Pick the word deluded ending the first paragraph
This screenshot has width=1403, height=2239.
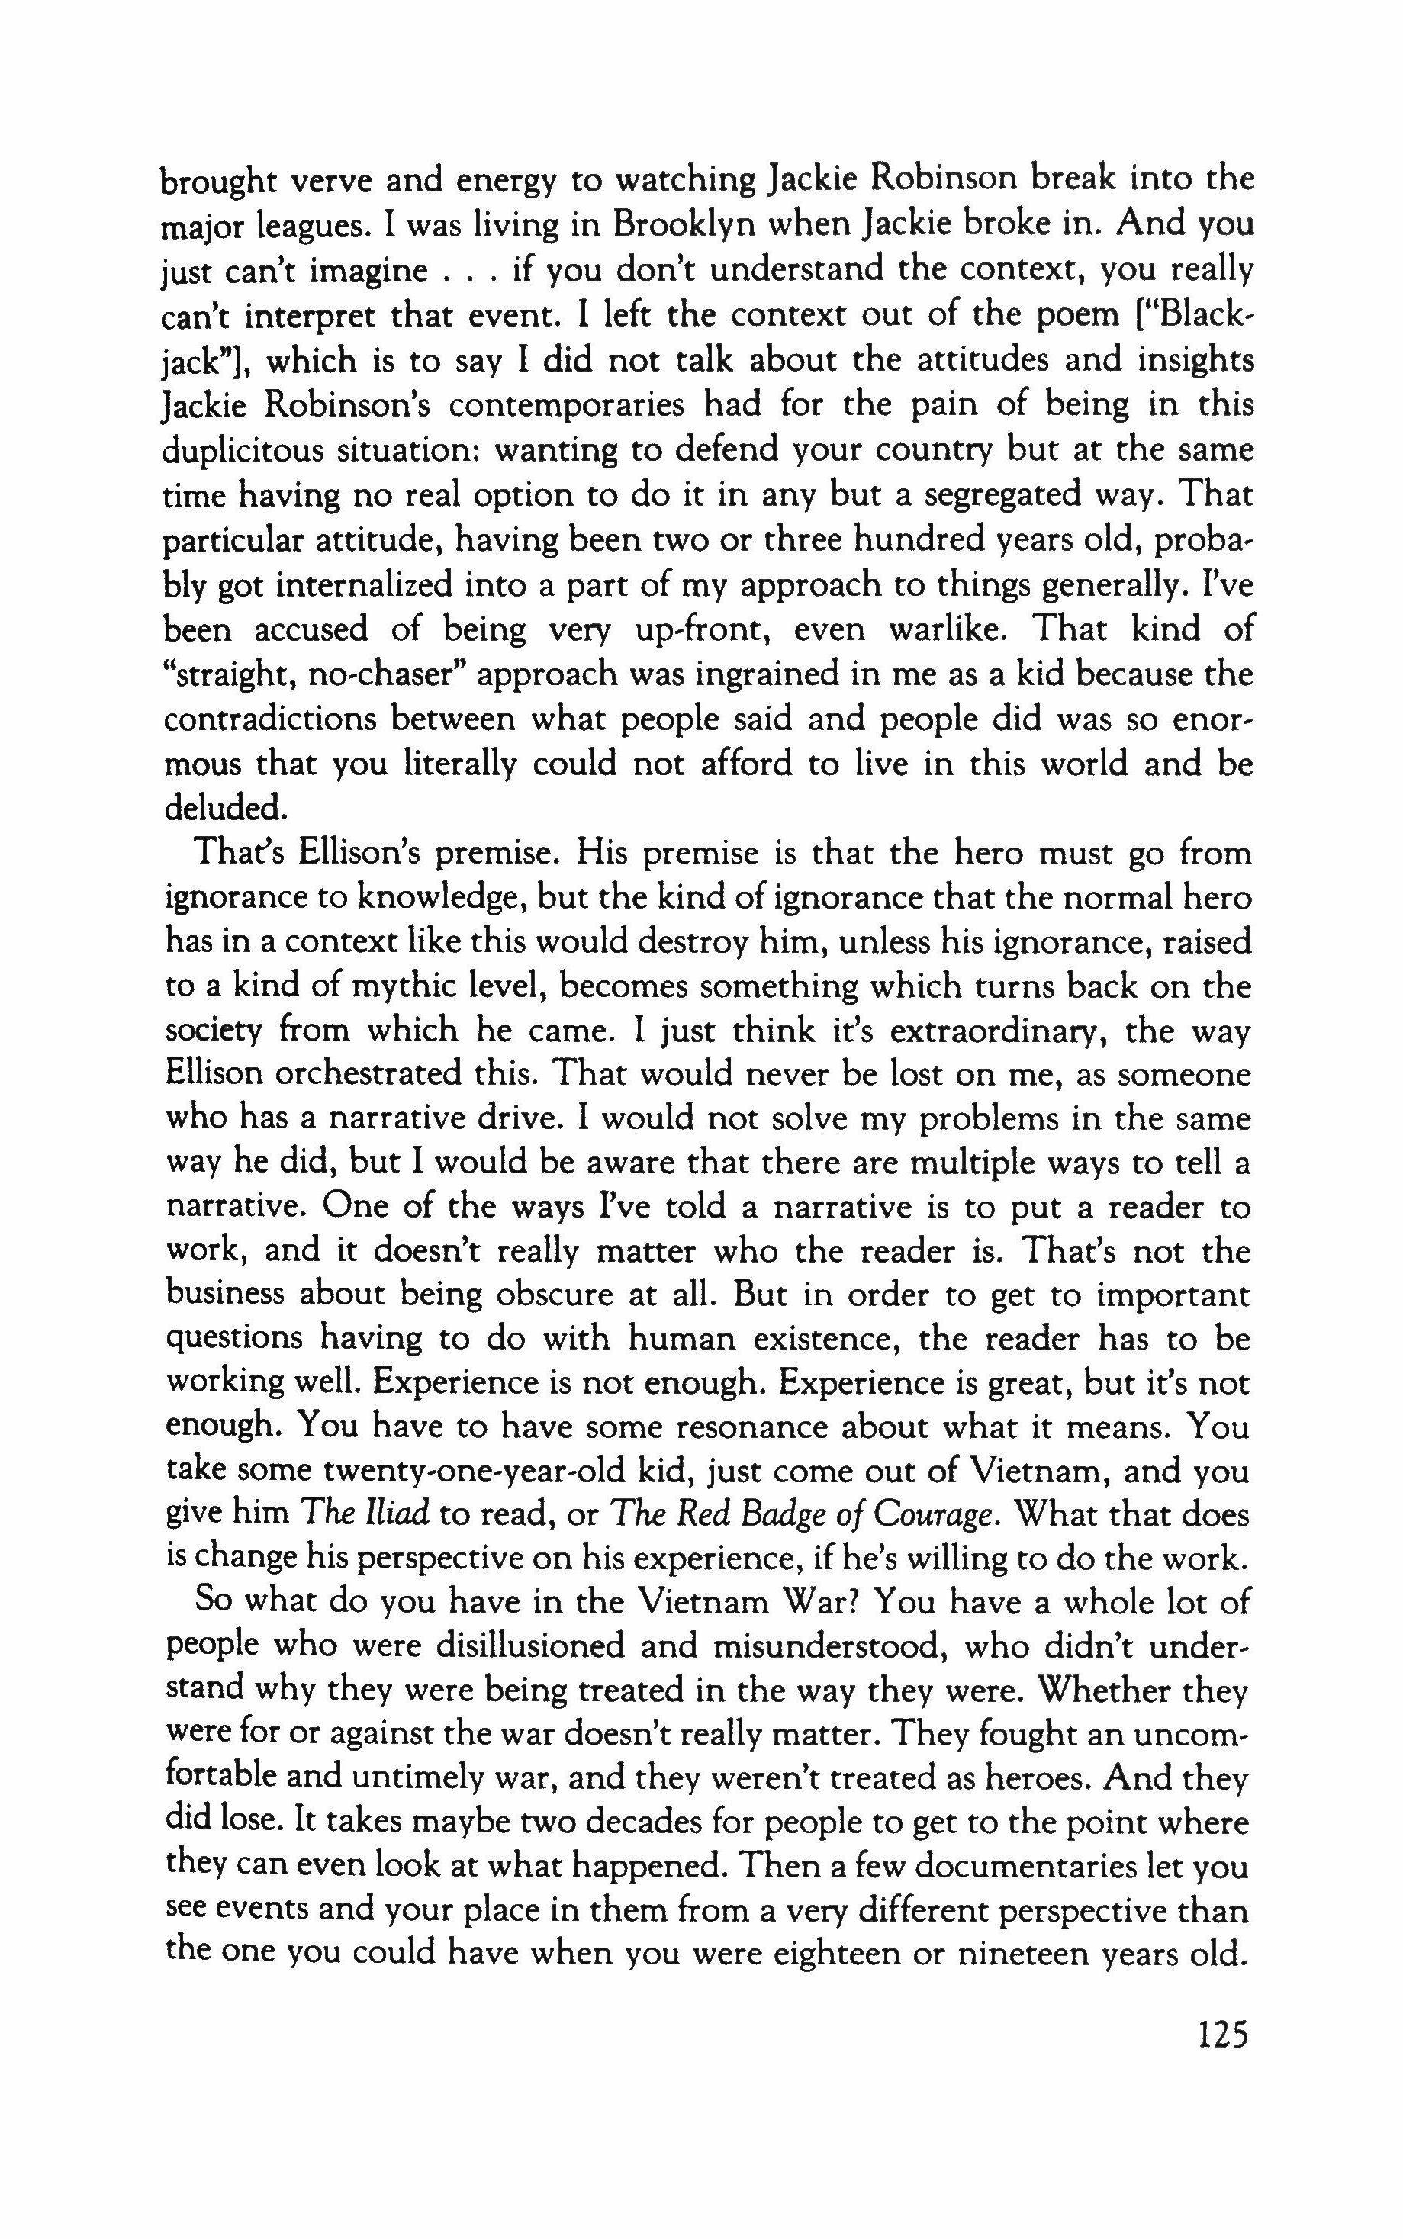[x=223, y=808]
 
